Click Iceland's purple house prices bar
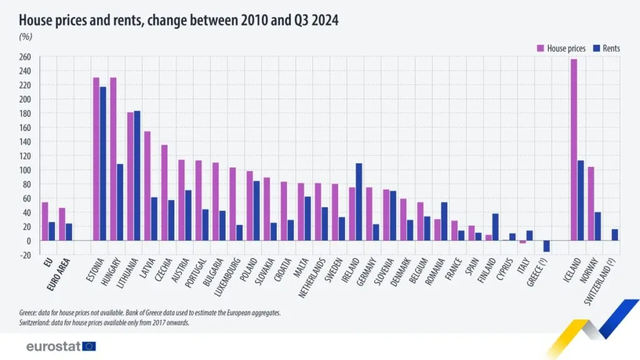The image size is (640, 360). (x=574, y=150)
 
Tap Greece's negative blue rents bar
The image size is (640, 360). (x=546, y=246)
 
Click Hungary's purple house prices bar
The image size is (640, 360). (x=113, y=159)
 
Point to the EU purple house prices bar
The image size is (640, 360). (x=45, y=221)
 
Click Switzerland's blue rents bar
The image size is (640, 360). (x=615, y=235)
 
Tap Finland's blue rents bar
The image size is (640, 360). (x=496, y=227)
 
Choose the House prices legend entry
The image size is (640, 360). (x=561, y=48)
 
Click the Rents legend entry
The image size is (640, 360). (x=606, y=48)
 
